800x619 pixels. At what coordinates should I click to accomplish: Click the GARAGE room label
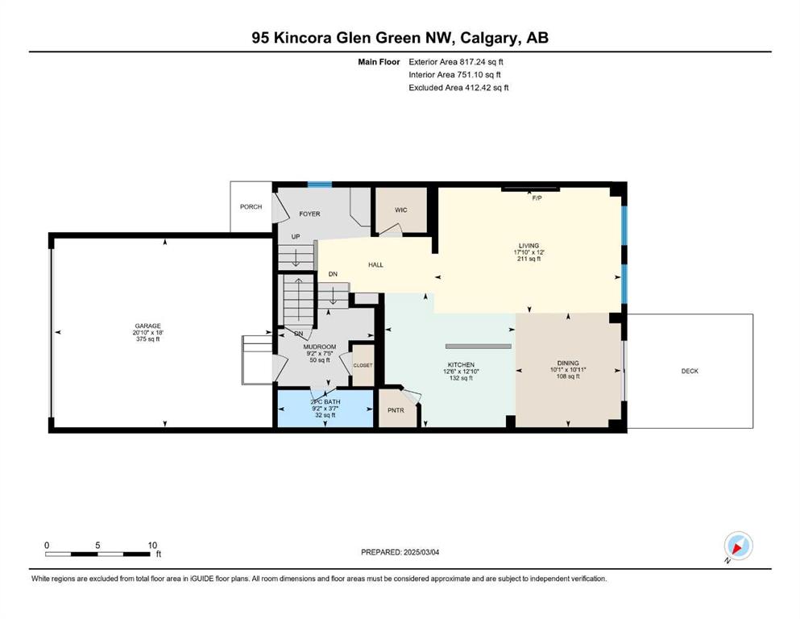coord(148,326)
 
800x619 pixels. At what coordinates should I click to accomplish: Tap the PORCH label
coord(251,206)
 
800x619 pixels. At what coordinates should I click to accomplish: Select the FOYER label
coord(309,214)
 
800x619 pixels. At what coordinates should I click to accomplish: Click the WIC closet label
coord(401,210)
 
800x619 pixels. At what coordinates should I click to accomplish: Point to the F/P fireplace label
coord(537,198)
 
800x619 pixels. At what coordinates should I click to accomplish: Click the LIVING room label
coord(529,246)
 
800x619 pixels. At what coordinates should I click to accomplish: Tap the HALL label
coord(375,265)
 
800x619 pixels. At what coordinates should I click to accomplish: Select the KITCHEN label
coord(461,365)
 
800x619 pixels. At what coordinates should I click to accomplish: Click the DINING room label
coord(568,364)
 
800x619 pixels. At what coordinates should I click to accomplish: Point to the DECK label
coord(690,371)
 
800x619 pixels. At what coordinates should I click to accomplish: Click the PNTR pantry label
coord(396,410)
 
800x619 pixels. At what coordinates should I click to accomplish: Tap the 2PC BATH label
coord(325,401)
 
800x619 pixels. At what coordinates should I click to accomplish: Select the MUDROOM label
coord(320,347)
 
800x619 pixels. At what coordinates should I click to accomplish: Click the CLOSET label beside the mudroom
coord(363,365)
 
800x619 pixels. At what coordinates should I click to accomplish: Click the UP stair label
coord(296,237)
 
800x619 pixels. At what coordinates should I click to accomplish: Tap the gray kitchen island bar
coord(478,346)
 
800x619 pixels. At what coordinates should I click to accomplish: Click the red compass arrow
coord(737,548)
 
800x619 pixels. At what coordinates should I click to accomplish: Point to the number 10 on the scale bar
coord(152,545)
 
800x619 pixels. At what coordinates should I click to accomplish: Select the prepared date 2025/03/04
coord(421,552)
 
